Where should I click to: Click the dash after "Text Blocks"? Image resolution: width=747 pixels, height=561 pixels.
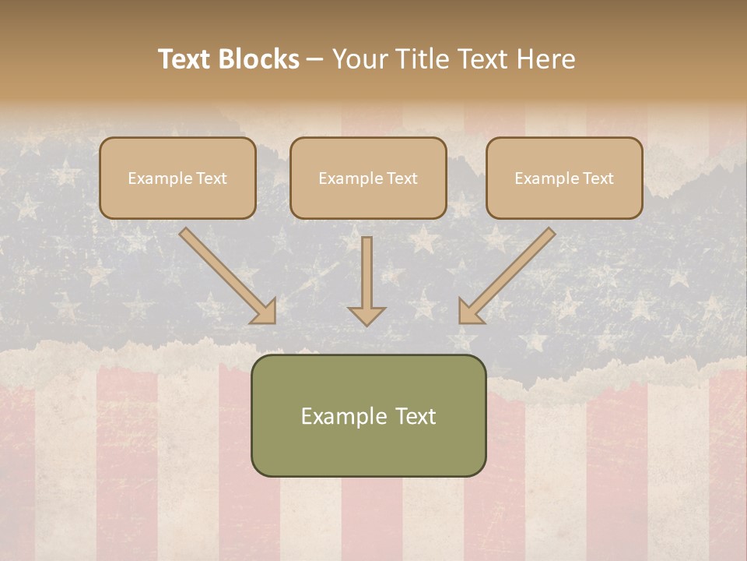tap(315, 60)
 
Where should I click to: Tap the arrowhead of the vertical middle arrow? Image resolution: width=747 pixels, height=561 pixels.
tap(366, 315)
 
